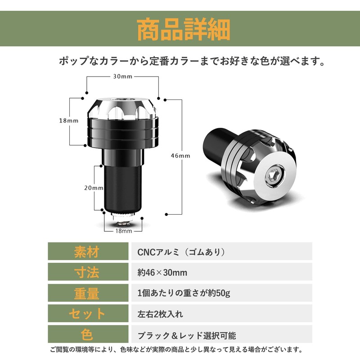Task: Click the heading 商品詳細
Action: (183, 30)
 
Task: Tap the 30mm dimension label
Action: (122, 76)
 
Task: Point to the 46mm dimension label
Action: (180, 156)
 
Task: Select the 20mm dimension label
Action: (94, 188)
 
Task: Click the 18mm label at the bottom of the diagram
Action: (123, 231)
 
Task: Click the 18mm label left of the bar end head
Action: (69, 121)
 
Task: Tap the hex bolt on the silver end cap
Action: (275, 175)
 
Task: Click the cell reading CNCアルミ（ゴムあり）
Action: (181, 252)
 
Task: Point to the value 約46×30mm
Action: (162, 273)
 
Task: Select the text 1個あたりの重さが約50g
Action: (184, 293)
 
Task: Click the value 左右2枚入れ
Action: (160, 314)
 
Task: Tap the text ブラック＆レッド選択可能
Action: (187, 335)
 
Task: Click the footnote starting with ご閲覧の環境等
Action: (176, 350)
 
